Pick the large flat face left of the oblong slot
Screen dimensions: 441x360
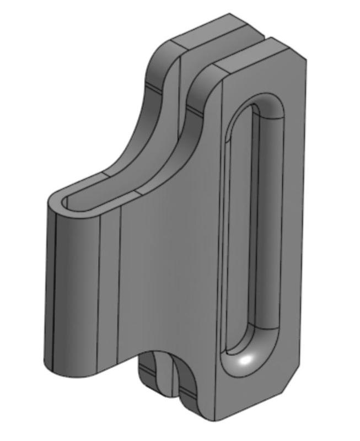coord(171,265)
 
